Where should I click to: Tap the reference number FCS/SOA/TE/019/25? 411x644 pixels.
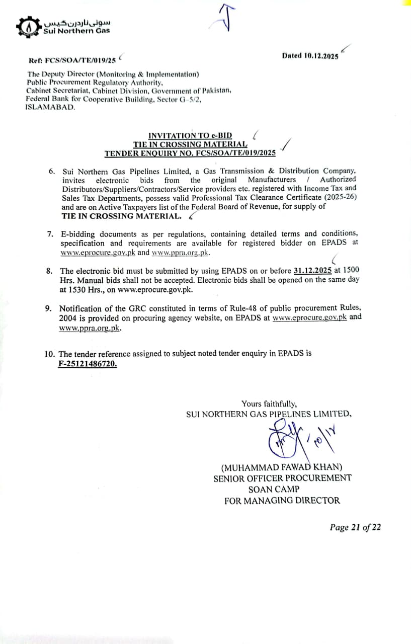[x=80, y=60]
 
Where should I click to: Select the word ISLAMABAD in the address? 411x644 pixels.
[x=50, y=108]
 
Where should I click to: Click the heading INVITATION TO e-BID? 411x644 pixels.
[x=190, y=135]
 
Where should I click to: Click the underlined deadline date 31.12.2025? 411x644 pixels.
[x=312, y=270]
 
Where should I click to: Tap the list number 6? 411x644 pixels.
[x=52, y=171]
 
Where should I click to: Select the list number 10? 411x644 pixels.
[x=50, y=353]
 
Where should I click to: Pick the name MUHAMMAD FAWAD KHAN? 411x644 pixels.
[x=282, y=467]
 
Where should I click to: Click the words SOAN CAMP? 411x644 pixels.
[x=274, y=489]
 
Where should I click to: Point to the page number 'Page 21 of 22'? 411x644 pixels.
[x=355, y=527]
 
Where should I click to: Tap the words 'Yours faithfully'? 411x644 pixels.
[x=269, y=404]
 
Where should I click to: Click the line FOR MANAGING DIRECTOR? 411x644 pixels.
[x=282, y=501]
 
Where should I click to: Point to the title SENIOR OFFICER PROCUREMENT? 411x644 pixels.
[x=282, y=478]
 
